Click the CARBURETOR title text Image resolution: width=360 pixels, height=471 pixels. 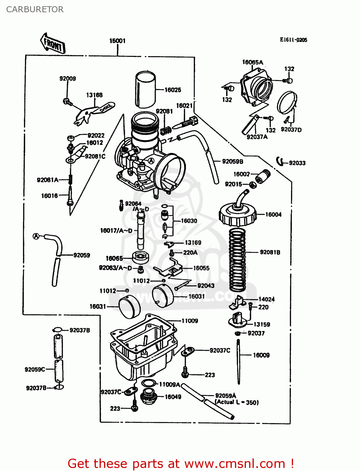click(x=35, y=9)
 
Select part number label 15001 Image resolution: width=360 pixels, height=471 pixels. click(x=117, y=41)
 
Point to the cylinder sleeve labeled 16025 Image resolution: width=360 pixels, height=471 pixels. click(x=145, y=90)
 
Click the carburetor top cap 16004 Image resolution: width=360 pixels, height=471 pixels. click(x=237, y=215)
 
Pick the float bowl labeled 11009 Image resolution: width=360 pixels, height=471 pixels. click(x=143, y=345)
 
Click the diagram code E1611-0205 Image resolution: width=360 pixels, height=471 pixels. click(x=293, y=40)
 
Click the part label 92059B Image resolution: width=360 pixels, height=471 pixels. click(x=232, y=161)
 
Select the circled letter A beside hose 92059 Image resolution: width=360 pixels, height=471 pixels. click(x=36, y=236)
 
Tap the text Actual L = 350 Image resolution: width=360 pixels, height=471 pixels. click(x=237, y=402)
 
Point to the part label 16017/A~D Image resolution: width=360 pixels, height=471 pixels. click(x=116, y=231)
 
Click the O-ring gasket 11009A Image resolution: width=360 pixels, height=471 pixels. click(x=149, y=383)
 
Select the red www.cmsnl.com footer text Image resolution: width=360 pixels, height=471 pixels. click(x=181, y=463)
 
